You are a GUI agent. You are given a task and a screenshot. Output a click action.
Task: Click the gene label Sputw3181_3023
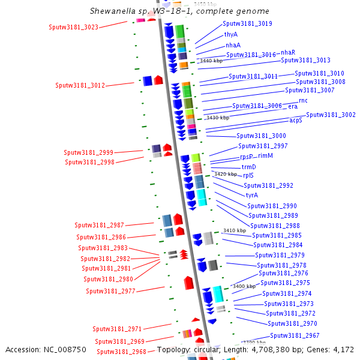pos(73,27)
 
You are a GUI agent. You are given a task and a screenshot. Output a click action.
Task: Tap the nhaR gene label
pos(288,52)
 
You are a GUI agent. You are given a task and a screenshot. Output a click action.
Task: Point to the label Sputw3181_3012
pos(80,85)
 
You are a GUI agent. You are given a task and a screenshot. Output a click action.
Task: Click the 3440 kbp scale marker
pos(211,61)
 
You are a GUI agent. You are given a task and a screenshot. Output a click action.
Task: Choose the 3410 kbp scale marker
pos(234,230)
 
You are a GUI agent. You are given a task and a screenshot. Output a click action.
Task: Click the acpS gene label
pos(296,120)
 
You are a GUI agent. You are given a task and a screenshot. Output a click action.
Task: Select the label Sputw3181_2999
pos(89,152)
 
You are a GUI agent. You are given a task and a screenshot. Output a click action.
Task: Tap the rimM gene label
pos(266,155)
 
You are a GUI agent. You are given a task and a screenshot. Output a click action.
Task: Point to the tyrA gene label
pos(251,195)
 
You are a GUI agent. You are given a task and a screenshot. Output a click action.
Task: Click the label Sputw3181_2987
pos(99,225)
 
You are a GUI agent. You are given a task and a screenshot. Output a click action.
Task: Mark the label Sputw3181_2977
pos(110,291)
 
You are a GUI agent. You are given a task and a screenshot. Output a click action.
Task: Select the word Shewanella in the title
pos(110,11)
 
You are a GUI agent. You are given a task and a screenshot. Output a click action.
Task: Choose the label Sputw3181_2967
pos(295,335)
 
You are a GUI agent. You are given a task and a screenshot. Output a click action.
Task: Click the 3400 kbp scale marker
pos(244,286)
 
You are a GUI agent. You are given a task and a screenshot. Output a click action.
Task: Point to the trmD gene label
pos(248,167)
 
